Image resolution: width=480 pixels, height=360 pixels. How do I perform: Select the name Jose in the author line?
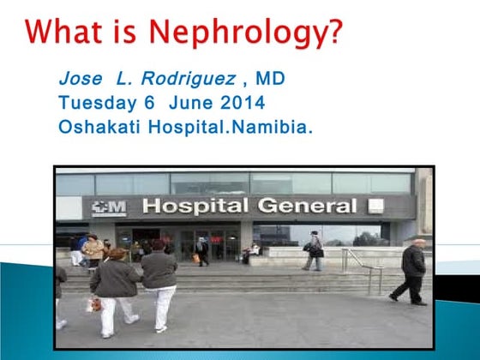point(80,80)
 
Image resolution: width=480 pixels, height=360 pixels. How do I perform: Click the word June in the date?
point(189,103)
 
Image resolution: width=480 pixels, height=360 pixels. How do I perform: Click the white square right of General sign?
point(373,205)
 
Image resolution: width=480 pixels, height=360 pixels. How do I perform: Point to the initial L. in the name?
point(127,80)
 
